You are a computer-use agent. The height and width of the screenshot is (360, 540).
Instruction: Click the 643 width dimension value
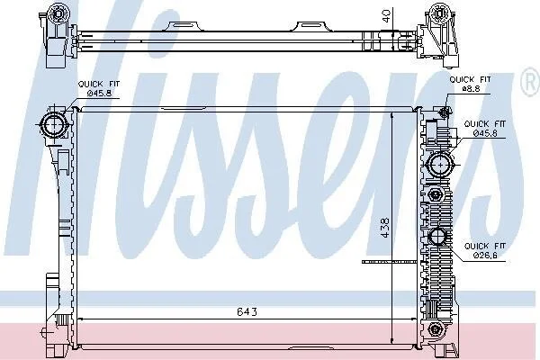[247, 311]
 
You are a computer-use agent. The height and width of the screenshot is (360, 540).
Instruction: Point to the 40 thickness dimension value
[386, 16]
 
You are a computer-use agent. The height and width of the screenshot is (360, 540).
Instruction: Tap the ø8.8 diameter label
[471, 88]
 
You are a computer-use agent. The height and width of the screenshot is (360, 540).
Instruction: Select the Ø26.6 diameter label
[485, 256]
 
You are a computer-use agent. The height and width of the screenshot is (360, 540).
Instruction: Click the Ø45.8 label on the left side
[99, 93]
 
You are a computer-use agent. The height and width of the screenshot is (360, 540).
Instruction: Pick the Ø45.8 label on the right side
[485, 133]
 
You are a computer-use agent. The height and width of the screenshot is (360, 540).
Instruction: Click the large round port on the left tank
[54, 125]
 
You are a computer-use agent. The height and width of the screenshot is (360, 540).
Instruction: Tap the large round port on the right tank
[440, 165]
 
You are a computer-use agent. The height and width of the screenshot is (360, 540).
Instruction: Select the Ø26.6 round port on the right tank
[437, 237]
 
